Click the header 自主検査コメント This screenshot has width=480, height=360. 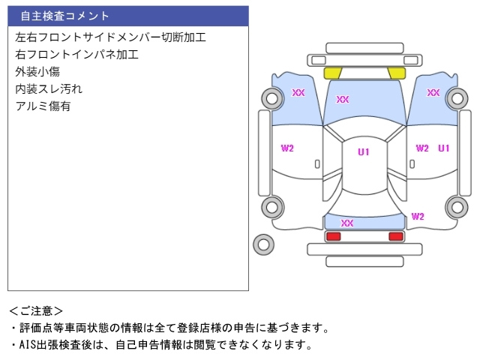pos(64,16)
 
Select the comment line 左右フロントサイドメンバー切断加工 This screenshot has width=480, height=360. pos(110,37)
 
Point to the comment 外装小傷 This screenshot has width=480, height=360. pos(37,71)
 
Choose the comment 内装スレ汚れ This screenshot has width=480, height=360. pos(49,88)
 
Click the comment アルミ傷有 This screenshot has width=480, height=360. pos(43,106)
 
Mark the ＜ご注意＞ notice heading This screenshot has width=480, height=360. pos(36,310)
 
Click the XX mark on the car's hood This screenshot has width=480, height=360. pos(343,99)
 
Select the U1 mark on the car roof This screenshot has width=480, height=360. pos(363,152)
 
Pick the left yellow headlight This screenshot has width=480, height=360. pos(332,73)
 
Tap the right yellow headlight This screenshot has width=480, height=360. pos(397,73)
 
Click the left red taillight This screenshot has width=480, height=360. pos(333,236)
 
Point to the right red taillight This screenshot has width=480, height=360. pos(395,236)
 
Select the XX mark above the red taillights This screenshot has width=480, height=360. pos(346,223)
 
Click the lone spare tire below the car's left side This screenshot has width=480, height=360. pos(263,244)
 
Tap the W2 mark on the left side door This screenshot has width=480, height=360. pos(287,148)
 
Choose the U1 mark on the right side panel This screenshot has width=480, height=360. pos(444,148)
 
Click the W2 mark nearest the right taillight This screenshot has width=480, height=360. pos(418,217)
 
